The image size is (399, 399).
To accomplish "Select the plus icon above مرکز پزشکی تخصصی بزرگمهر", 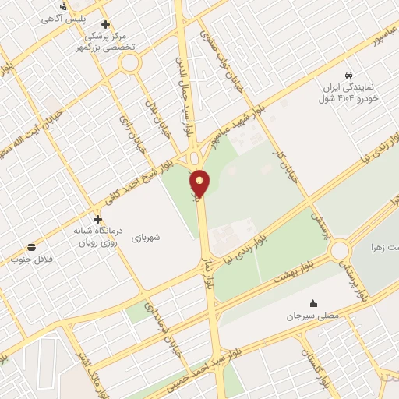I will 105,24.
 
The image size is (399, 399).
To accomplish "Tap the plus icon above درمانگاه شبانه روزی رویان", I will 97,219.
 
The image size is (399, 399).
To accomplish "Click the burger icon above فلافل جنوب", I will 30,247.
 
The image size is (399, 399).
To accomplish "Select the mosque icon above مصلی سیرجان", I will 312,304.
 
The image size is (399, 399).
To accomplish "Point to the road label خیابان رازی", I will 128,130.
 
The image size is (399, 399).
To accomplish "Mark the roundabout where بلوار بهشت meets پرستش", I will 340,250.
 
